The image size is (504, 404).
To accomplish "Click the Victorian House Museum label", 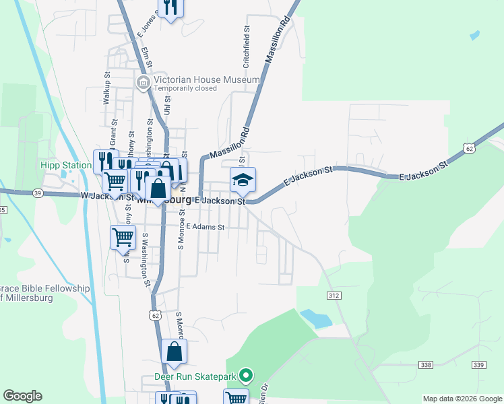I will [206, 79].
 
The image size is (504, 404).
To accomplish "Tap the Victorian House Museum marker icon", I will [143, 83].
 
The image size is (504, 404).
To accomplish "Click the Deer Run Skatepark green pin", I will [247, 376].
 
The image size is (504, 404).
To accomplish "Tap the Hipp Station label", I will [65, 165].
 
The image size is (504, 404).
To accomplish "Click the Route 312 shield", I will [335, 296].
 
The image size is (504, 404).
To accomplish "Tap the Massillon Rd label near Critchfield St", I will [278, 41].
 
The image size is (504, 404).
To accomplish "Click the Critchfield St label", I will [247, 47].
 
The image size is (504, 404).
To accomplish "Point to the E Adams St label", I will [206, 227].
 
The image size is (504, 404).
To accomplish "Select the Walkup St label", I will [106, 88].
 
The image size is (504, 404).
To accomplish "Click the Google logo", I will [22, 396].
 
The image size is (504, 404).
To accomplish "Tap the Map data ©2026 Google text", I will [462, 399].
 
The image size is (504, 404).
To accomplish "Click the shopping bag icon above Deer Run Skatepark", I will [174, 351].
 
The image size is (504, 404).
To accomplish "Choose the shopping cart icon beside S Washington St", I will [123, 237].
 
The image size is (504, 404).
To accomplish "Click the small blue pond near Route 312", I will [315, 318].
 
